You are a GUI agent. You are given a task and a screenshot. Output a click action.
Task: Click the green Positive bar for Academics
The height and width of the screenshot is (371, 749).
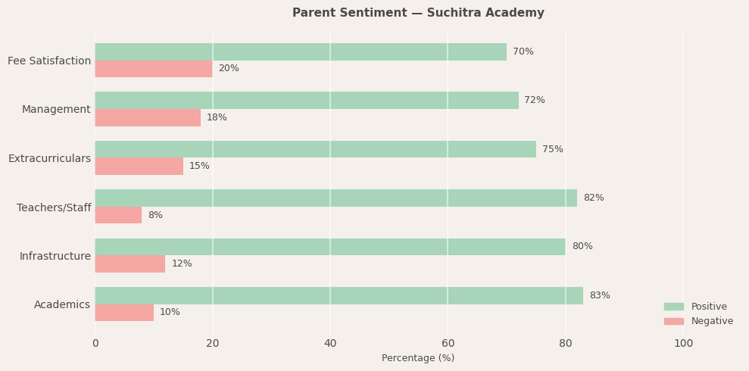pyautogui.click(x=339, y=295)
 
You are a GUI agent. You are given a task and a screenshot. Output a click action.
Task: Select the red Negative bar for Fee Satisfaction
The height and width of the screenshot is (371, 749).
pyautogui.click(x=154, y=69)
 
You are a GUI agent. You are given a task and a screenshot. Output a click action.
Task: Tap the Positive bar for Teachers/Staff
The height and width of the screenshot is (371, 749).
pyautogui.click(x=335, y=198)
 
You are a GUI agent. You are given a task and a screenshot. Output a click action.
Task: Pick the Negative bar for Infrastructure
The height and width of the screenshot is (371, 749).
pyautogui.click(x=130, y=263)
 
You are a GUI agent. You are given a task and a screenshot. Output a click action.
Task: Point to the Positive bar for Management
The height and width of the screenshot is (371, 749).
pyautogui.click(x=307, y=100)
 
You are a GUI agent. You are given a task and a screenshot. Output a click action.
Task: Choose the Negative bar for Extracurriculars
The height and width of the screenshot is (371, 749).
pyautogui.click(x=139, y=166)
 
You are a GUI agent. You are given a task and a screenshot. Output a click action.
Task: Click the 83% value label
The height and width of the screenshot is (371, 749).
pyautogui.click(x=600, y=295)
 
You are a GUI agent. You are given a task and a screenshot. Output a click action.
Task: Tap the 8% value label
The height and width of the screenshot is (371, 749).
pyautogui.click(x=155, y=215)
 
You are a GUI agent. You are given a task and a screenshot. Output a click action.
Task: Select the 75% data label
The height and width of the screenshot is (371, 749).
pyautogui.click(x=553, y=149)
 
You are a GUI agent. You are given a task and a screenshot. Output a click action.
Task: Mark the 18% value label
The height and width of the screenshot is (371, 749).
pyautogui.click(x=217, y=117)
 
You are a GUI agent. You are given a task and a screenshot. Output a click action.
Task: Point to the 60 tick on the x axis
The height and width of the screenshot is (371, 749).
pyautogui.click(x=448, y=343)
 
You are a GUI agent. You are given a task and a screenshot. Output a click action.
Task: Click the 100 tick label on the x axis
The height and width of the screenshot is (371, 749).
pyautogui.click(x=683, y=343)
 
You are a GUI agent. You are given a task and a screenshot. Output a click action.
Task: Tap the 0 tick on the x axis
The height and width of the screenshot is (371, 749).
pyautogui.click(x=95, y=343)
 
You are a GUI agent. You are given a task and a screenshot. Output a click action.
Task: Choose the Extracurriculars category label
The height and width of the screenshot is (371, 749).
pyautogui.click(x=49, y=158)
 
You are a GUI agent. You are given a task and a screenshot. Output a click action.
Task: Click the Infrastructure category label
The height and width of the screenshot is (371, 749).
pyautogui.click(x=55, y=256)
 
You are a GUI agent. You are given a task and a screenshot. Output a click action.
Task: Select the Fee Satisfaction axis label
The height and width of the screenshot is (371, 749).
pyautogui.click(x=49, y=61)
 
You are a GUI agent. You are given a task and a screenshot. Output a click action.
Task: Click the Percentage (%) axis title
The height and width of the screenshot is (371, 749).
pyautogui.click(x=418, y=358)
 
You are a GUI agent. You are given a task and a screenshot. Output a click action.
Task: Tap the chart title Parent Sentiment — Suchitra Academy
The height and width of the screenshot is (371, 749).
pyautogui.click(x=418, y=13)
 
